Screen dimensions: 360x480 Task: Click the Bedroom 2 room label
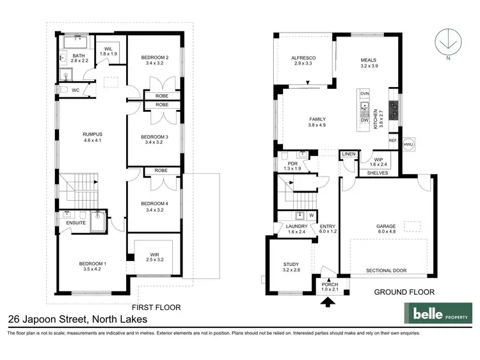pos(154,61)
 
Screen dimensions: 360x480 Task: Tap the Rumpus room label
pos(92,137)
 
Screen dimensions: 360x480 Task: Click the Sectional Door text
pos(386,270)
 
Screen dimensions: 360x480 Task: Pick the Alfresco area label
pos(305,61)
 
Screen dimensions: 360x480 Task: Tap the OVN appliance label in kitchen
pos(365,94)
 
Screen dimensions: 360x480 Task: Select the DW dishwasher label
pos(364,120)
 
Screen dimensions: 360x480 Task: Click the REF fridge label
pos(392,140)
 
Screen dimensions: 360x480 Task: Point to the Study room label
pos(291,267)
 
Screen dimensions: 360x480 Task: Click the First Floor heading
pos(156,307)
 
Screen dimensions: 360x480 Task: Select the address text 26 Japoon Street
pos(77,319)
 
